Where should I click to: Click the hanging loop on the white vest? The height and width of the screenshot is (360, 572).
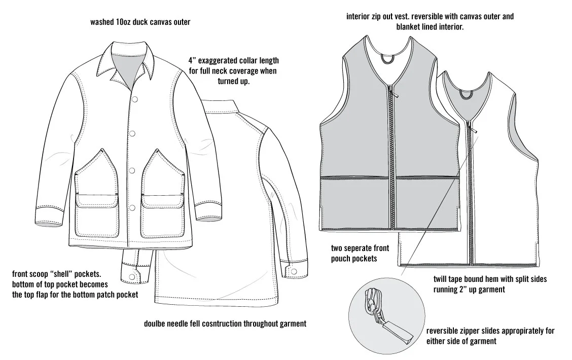466,94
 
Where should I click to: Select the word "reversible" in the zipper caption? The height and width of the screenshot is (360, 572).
444,331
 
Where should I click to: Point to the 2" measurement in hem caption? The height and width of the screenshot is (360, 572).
464,290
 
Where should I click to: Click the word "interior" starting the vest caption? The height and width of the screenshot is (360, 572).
359,16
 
